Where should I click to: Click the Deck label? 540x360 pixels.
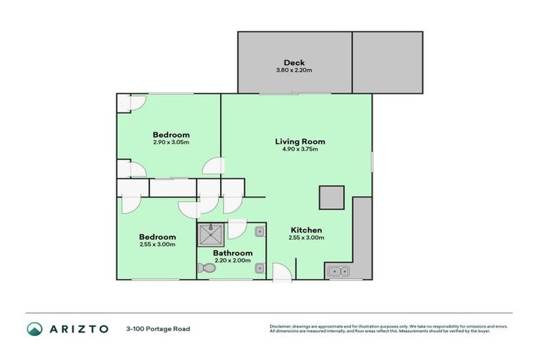pos(294,63)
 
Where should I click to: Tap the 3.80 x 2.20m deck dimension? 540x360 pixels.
pos(294,70)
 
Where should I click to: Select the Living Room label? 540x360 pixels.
pos(300,141)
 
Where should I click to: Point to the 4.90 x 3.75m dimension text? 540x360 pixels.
pos(300,149)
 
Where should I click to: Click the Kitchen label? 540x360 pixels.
pos(306,230)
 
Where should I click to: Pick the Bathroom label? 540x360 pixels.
pos(233,253)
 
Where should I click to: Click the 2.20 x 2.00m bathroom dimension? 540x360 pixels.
pos(233,261)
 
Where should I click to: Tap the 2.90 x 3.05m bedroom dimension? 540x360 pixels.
pos(171,142)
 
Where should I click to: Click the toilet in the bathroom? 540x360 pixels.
pos(206,267)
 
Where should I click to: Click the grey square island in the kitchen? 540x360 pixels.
pos(331,198)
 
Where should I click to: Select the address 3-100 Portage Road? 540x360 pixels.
pos(158,328)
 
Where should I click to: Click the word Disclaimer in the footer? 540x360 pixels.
pos(282,326)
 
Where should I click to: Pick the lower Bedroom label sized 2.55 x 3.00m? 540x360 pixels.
pos(157,237)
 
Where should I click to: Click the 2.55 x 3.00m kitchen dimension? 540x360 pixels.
pos(306,238)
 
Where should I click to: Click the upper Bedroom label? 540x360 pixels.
pos(171,134)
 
